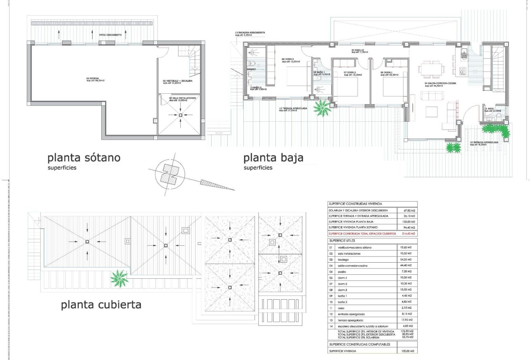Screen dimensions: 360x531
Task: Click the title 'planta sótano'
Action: pos(84,158)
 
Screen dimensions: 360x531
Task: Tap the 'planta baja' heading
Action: pos(273,158)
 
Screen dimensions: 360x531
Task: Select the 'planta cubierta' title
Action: pos(101,304)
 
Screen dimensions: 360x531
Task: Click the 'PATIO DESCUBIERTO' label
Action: pos(110,35)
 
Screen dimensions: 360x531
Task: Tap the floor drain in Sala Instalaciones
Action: pos(180,115)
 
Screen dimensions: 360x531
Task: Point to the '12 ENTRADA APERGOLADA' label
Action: pos(484,143)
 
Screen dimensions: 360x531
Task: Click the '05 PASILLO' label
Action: pos(358,51)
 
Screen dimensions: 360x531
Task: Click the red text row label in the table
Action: pos(362,233)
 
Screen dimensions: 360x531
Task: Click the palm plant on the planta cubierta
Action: pos(119,278)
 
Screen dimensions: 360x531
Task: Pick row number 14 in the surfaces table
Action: pos(331,326)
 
